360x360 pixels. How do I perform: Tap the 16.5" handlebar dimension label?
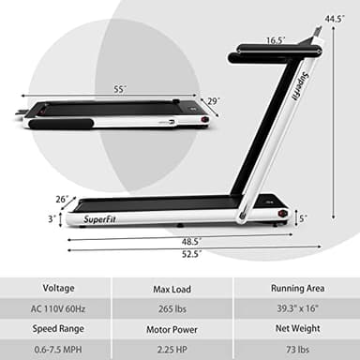tap(275, 40)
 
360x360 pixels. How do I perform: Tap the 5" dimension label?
tap(301, 217)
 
